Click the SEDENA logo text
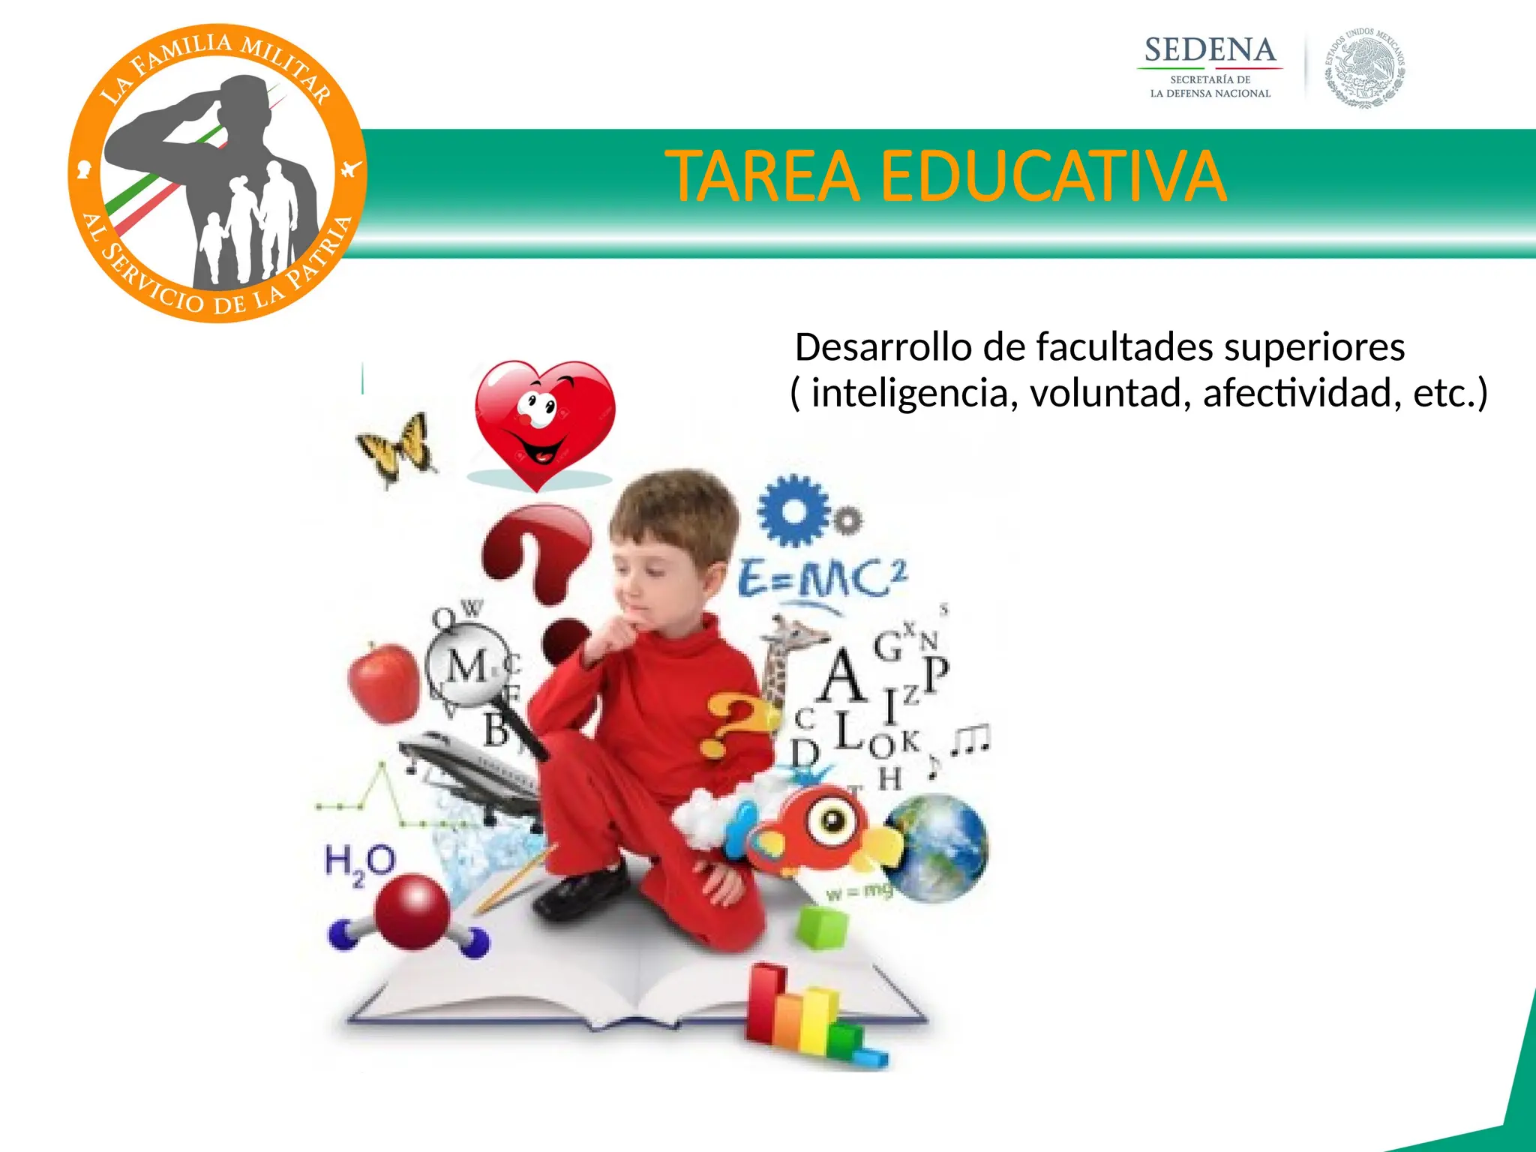tap(1210, 51)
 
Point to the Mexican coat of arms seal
tap(1365, 70)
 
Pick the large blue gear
tap(793, 510)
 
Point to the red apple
tap(384, 683)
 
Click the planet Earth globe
tap(937, 847)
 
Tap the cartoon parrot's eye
tap(833, 819)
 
